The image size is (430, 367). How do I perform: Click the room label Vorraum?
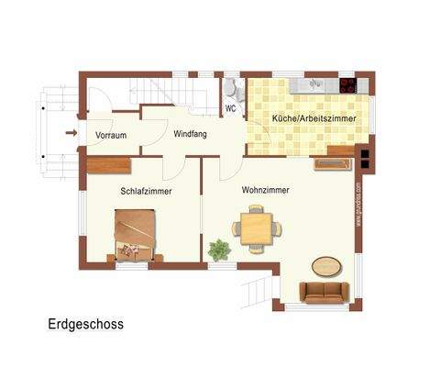[111, 136]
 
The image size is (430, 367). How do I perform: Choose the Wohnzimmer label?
[266, 190]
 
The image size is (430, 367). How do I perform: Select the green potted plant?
[219, 249]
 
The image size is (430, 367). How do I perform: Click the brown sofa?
[324, 293]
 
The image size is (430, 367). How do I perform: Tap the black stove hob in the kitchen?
[348, 86]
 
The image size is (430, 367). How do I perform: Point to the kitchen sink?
[311, 85]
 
